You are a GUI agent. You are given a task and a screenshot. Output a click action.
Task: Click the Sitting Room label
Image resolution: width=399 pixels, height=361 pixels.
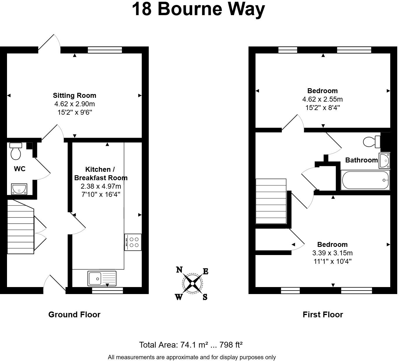(74, 95)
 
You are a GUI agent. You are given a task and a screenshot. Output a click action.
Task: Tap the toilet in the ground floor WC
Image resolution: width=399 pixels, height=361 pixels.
(16, 151)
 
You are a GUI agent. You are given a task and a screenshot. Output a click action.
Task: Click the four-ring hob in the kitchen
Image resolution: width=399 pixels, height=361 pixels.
(133, 242)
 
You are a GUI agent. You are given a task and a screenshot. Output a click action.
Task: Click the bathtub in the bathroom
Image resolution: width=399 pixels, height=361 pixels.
(365, 180)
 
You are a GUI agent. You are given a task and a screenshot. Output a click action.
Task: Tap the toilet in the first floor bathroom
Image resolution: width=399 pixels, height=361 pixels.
(372, 142)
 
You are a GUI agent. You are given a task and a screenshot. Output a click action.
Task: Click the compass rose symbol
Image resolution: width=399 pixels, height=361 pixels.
(192, 283)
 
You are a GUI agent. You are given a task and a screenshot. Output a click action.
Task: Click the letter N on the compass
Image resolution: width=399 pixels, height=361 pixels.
(179, 270)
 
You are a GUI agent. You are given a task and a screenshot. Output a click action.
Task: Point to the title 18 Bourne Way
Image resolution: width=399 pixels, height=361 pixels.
(198, 9)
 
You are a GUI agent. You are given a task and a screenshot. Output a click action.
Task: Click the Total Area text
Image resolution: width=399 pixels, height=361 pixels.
(191, 345)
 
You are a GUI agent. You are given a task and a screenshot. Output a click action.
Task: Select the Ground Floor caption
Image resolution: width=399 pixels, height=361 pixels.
(74, 314)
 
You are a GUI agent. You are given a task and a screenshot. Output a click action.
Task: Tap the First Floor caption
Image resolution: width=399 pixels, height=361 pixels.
(323, 314)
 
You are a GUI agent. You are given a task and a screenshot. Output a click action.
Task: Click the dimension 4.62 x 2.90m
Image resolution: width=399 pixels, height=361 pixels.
(74, 104)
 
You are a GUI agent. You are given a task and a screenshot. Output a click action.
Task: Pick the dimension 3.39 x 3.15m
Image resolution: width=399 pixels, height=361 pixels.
(332, 253)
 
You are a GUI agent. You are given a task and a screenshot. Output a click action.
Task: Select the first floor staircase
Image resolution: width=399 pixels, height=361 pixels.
(271, 201)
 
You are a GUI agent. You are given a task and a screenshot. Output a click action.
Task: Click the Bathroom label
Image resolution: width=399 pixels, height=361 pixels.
(361, 160)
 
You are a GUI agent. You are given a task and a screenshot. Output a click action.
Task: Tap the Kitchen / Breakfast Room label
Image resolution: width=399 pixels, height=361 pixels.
(101, 174)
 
